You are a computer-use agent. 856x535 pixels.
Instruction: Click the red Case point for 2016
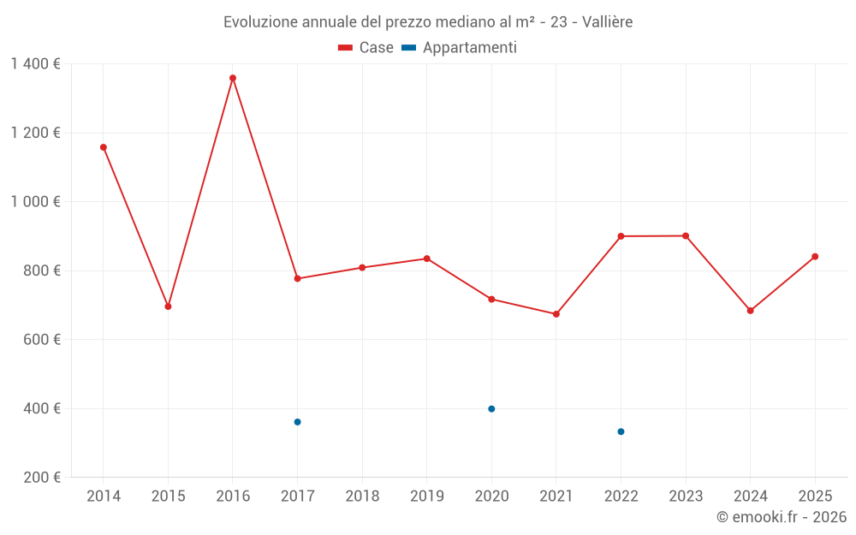click(233, 78)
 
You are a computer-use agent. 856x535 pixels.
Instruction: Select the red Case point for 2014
click(104, 147)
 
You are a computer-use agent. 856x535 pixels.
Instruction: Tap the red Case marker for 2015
click(168, 306)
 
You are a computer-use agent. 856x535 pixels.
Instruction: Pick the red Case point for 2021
click(556, 314)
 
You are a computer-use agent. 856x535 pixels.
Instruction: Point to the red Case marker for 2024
click(750, 311)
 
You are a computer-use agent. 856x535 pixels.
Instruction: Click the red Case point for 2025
click(815, 257)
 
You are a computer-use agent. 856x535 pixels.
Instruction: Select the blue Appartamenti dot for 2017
click(297, 422)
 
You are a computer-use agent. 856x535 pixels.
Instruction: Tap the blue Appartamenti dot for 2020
click(491, 409)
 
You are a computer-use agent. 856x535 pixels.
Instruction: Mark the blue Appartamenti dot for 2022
click(621, 431)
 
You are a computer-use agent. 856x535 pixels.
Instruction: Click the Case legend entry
click(366, 48)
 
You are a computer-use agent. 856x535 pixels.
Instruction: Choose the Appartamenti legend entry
click(460, 48)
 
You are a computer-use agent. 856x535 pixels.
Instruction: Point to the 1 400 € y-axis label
click(35, 63)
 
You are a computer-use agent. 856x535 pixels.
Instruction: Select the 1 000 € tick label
click(35, 202)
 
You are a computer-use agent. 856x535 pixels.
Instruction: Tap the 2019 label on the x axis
click(426, 496)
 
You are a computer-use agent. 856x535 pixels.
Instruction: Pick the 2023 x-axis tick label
click(686, 496)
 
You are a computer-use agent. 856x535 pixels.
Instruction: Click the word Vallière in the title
click(607, 22)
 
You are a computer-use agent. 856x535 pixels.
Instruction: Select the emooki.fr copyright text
click(782, 517)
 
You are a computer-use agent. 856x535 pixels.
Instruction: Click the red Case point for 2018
click(362, 268)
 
